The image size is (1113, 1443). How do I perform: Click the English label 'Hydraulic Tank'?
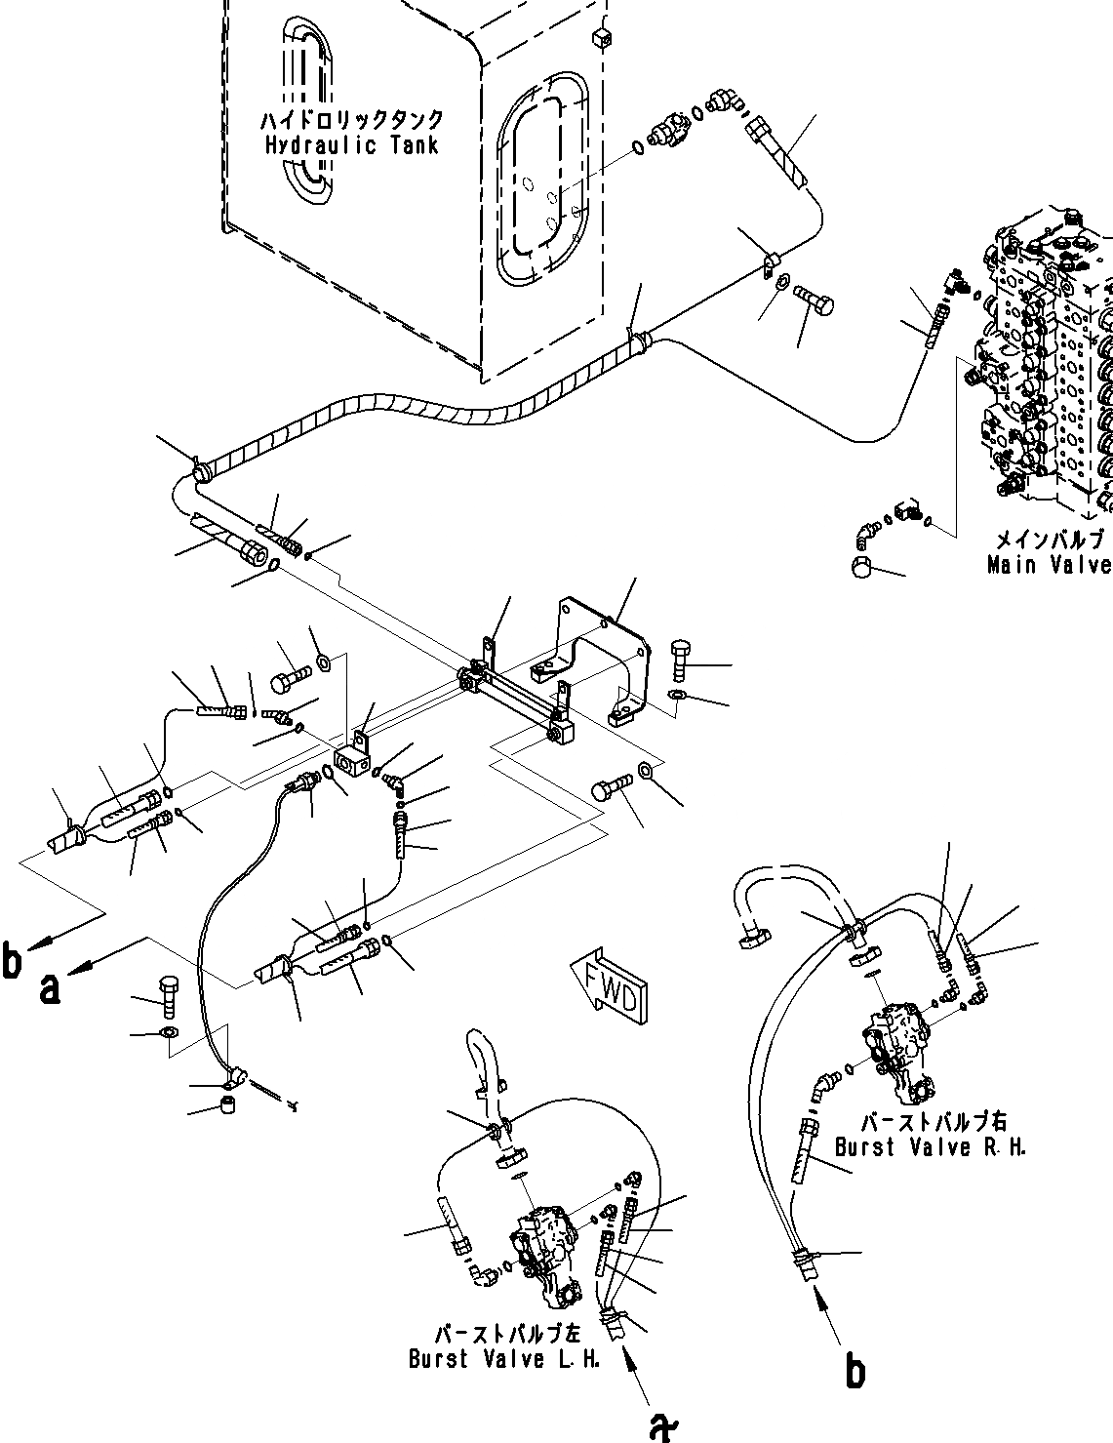click(x=351, y=146)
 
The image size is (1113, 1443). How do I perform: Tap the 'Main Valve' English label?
click(x=1048, y=565)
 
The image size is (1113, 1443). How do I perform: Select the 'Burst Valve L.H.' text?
click(x=503, y=1360)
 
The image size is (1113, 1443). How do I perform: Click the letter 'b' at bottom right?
click(x=855, y=1373)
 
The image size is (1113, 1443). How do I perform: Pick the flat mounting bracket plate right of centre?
click(x=605, y=649)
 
